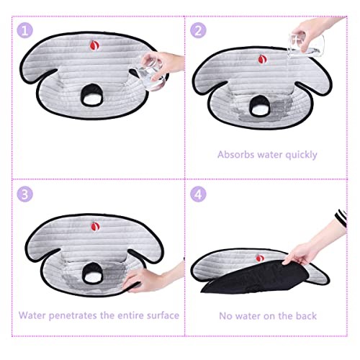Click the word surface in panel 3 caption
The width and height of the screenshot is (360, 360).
[159, 315]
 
